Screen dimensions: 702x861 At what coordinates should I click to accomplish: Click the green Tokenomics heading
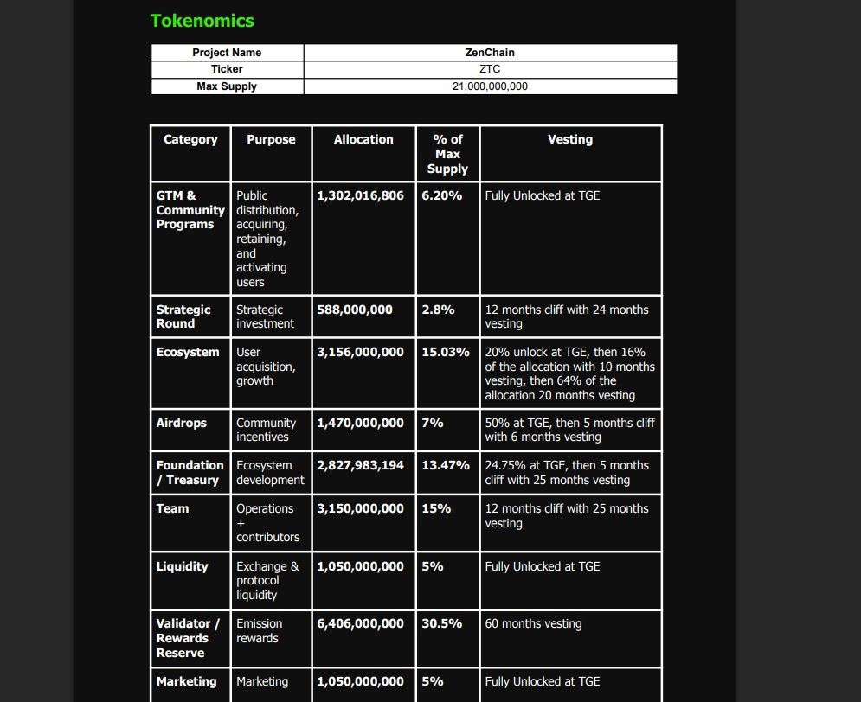click(202, 21)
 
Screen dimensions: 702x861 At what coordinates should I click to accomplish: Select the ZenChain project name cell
click(490, 53)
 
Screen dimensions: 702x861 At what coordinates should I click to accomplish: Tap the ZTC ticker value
click(490, 69)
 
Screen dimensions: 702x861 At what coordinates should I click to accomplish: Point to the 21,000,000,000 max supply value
click(490, 86)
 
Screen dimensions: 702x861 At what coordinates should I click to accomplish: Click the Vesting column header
click(570, 139)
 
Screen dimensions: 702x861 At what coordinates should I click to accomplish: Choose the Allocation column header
click(363, 139)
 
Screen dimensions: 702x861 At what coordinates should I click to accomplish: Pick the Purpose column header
click(271, 139)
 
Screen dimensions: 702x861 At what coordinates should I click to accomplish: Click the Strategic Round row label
click(183, 316)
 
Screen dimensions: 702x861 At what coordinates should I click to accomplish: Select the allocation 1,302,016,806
click(360, 195)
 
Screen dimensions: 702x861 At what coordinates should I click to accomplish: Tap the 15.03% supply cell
click(446, 352)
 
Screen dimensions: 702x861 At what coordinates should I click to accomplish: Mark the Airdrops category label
click(182, 423)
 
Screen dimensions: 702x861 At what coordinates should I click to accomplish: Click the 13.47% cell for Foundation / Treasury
click(446, 465)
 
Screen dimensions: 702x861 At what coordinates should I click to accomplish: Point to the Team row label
click(172, 508)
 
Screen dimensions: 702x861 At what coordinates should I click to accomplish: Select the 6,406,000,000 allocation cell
click(360, 623)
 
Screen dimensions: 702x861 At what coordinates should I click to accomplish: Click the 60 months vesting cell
click(533, 623)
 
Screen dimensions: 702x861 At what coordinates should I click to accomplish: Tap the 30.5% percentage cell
click(442, 623)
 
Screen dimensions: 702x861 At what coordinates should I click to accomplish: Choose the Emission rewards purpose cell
click(259, 631)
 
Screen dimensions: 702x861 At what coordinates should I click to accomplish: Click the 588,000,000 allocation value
click(355, 310)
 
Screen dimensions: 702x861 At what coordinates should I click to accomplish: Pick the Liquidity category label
click(182, 566)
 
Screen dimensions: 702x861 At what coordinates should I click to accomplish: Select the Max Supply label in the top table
click(227, 86)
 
